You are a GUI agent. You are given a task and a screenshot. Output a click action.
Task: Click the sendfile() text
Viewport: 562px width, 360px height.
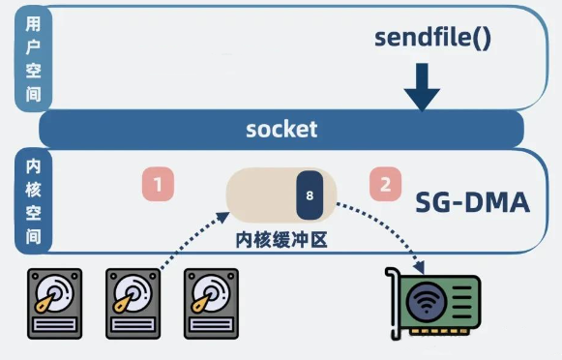pyautogui.click(x=432, y=38)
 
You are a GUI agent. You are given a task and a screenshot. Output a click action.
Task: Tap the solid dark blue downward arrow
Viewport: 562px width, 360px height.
pyautogui.click(x=422, y=87)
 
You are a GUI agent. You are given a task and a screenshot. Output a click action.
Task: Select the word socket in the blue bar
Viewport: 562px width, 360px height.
pyautogui.click(x=281, y=129)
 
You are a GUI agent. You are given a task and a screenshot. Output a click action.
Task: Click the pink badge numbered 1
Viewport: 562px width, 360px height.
pyautogui.click(x=158, y=184)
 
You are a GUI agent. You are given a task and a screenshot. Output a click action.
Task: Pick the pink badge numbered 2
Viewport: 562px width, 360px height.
pyautogui.click(x=385, y=184)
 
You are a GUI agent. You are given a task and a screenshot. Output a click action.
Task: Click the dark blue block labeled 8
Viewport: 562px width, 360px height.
pyautogui.click(x=310, y=195)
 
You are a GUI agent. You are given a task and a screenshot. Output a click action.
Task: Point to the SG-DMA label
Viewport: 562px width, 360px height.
pyautogui.click(x=472, y=203)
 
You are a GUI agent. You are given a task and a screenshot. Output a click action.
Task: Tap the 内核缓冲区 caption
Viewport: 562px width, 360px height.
pyautogui.click(x=281, y=240)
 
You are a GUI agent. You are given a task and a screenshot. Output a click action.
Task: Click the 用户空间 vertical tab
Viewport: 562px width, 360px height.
pyautogui.click(x=33, y=58)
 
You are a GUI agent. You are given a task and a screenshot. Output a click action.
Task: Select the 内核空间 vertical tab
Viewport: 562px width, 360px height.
pyautogui.click(x=33, y=201)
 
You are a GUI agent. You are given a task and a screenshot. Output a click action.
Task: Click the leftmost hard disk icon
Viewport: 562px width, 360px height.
pyautogui.click(x=55, y=304)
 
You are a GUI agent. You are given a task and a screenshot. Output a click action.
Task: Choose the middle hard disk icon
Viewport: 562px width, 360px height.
pyautogui.click(x=133, y=304)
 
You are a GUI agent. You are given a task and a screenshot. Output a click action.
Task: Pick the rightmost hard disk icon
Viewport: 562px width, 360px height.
pyautogui.click(x=211, y=304)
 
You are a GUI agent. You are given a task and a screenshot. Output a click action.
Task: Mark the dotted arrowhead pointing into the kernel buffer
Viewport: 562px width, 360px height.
pyautogui.click(x=223, y=217)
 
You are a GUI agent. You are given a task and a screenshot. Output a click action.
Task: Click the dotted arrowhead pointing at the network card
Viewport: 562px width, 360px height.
pyautogui.click(x=419, y=267)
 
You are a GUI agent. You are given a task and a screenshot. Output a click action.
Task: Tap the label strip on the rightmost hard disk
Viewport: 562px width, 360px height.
pyautogui.click(x=211, y=325)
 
